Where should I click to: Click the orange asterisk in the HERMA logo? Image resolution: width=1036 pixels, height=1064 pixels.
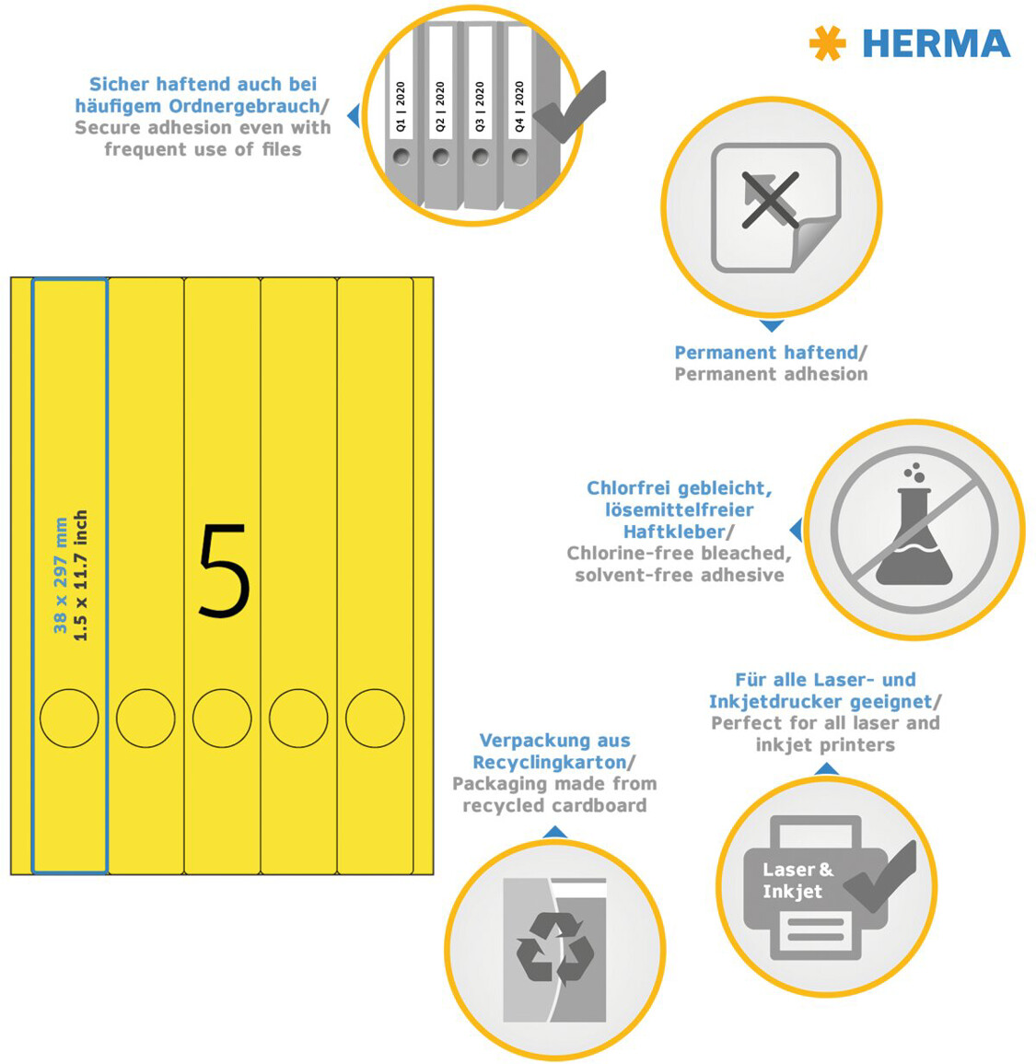[827, 43]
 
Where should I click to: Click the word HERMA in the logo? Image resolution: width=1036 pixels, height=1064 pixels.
[937, 44]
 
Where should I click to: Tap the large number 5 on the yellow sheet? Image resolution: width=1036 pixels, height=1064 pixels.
[224, 570]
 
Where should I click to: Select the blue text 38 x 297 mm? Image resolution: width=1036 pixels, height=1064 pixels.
[61, 576]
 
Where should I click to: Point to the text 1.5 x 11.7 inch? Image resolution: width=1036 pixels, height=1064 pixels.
[81, 576]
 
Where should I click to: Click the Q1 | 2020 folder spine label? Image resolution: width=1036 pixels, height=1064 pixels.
[401, 107]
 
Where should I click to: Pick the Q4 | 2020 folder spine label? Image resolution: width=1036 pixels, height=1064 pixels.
[519, 107]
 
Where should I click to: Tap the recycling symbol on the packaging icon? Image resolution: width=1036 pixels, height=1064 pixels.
[555, 948]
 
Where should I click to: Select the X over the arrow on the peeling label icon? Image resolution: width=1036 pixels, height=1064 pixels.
[770, 200]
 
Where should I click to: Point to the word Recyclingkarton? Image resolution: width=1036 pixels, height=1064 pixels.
[549, 763]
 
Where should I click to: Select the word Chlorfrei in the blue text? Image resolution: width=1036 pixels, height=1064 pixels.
[629, 488]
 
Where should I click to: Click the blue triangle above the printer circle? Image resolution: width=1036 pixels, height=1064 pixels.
[826, 769]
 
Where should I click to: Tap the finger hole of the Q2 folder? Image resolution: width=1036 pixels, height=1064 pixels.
[441, 158]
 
